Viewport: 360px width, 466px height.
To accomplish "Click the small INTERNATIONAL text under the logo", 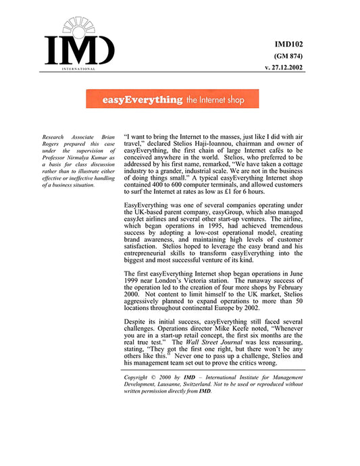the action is [78, 69].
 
